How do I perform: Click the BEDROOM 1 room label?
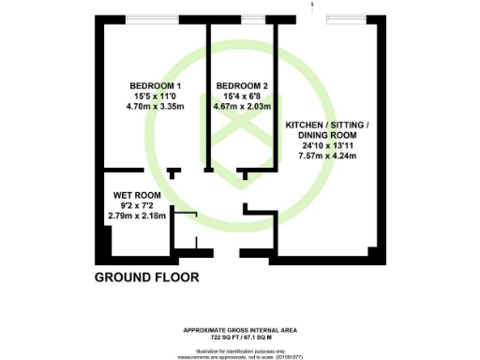153,85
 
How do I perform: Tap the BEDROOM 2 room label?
240,85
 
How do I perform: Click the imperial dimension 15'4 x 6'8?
240,96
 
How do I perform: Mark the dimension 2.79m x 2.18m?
137,217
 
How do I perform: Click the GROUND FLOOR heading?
147,278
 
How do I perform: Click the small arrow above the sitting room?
308,7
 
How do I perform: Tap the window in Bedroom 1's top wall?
153,19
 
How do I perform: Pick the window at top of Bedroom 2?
251,19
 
